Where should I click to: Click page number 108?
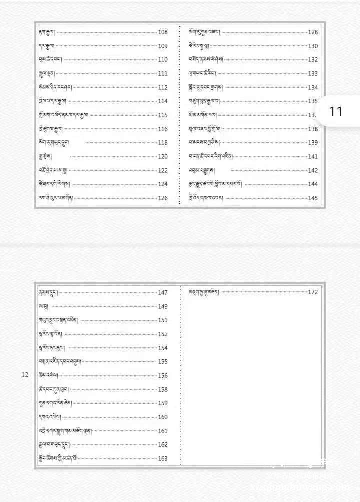click(x=163, y=32)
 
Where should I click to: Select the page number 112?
click(x=163, y=87)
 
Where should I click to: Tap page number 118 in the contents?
click(x=163, y=143)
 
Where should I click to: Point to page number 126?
click(x=163, y=198)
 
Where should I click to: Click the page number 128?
click(x=313, y=32)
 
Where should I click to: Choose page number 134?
click(x=313, y=87)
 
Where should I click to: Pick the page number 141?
click(x=313, y=157)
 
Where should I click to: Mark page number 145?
click(x=313, y=198)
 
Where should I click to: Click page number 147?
click(x=163, y=293)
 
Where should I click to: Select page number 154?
click(x=163, y=348)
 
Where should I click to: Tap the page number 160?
click(x=163, y=417)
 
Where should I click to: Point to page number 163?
click(x=163, y=459)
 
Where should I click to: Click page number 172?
click(x=313, y=292)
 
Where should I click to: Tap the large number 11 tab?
click(x=336, y=111)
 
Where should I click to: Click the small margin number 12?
click(x=25, y=375)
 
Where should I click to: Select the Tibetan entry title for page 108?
click(x=47, y=32)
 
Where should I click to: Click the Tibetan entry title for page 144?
click(x=215, y=184)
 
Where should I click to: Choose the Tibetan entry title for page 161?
click(x=65, y=431)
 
